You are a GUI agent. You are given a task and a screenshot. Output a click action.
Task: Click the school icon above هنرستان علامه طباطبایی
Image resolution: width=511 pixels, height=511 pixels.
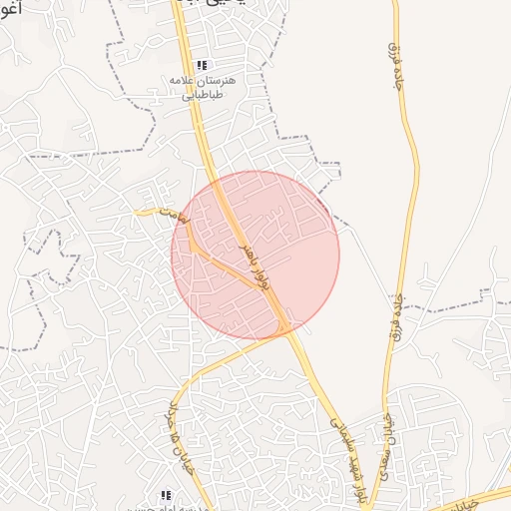click(203, 64)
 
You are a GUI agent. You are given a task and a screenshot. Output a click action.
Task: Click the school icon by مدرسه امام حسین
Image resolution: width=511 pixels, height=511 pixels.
click(167, 495)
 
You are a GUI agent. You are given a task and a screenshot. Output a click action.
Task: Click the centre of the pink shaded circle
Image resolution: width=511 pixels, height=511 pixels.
click(255, 255)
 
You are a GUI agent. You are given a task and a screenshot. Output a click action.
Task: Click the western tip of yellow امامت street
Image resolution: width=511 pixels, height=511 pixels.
click(138, 211)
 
